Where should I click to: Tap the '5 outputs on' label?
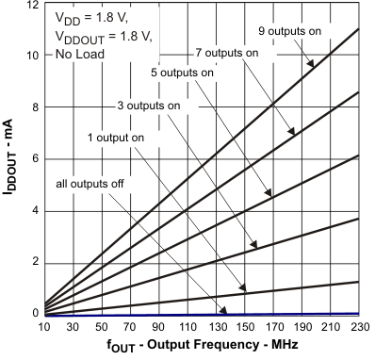pyautogui.click(x=183, y=72)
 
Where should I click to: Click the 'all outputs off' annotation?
pyautogui.click(x=90, y=182)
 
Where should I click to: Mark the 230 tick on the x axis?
pyautogui.click(x=359, y=327)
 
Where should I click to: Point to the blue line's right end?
pyautogui.click(x=359, y=313)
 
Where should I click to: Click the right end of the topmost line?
pyautogui.click(x=359, y=29)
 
